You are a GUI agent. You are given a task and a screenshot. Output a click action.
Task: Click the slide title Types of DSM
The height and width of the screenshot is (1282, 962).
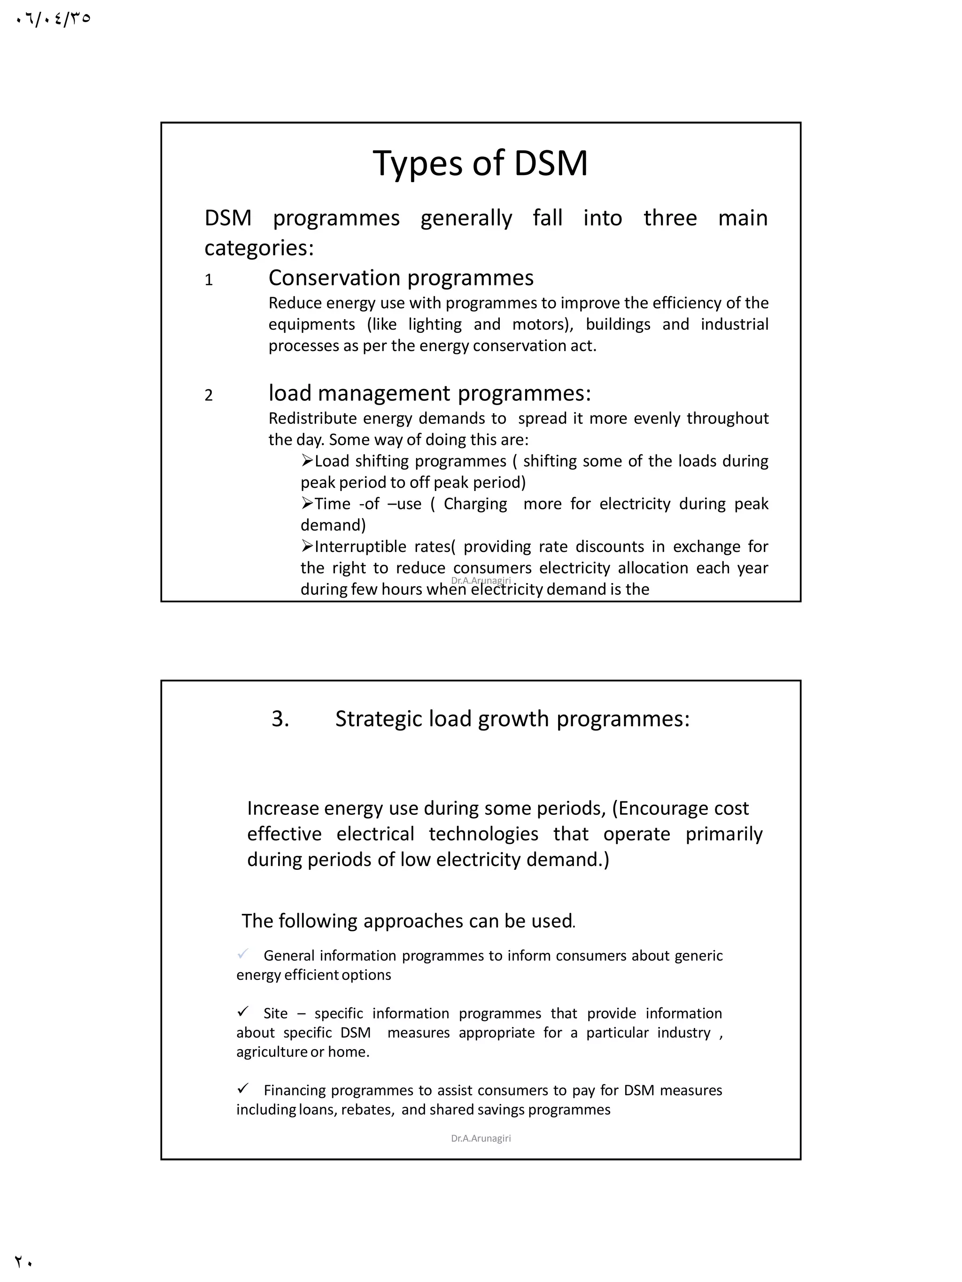tap(480, 163)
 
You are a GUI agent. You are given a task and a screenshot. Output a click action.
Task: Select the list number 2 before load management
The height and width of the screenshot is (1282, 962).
tap(209, 396)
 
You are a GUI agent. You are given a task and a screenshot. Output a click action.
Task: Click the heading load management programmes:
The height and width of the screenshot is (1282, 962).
tap(429, 393)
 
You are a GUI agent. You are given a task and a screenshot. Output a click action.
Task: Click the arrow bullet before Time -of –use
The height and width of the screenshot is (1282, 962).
tap(307, 503)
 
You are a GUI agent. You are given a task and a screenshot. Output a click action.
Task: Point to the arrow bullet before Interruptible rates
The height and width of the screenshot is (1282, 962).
tap(307, 546)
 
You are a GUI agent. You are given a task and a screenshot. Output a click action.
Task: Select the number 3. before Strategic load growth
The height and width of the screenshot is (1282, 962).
tap(280, 719)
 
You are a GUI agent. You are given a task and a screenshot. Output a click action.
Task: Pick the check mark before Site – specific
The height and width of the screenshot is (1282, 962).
tap(243, 1011)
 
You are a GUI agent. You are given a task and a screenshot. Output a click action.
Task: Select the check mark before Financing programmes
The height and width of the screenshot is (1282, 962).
tap(243, 1089)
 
